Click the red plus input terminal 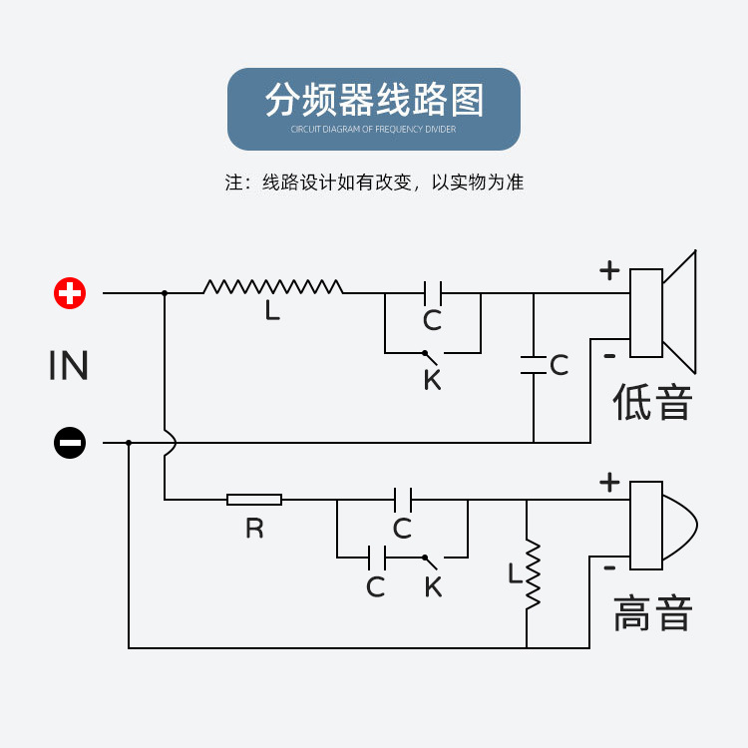pyautogui.click(x=70, y=293)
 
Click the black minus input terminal pyautogui.click(x=70, y=442)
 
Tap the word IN pyautogui.click(x=69, y=366)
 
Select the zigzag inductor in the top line pyautogui.click(x=273, y=287)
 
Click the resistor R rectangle pyautogui.click(x=254, y=500)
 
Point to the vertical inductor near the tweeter pyautogui.click(x=534, y=573)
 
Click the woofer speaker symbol pyautogui.click(x=662, y=312)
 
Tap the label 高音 pyautogui.click(x=653, y=612)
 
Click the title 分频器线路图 pyautogui.click(x=374, y=101)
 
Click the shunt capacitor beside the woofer pyautogui.click(x=534, y=364)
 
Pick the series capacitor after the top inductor pyautogui.click(x=433, y=293)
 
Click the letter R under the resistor pyautogui.click(x=255, y=529)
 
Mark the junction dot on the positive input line pyautogui.click(x=165, y=293)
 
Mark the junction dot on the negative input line pyautogui.click(x=129, y=442)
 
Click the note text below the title pyautogui.click(x=374, y=183)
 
